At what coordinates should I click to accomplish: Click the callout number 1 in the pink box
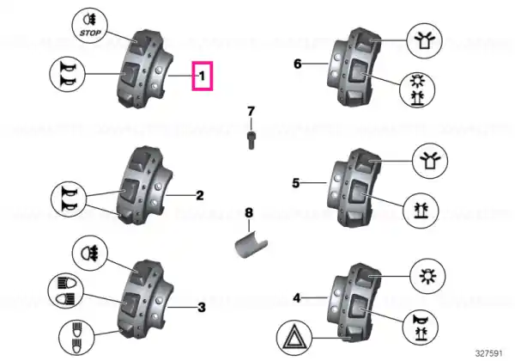click(202, 76)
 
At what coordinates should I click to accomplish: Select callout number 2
click(200, 196)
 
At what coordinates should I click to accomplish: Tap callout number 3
click(202, 308)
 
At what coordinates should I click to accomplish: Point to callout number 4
click(297, 298)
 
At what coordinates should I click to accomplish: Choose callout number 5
click(296, 183)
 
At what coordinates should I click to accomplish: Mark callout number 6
click(297, 64)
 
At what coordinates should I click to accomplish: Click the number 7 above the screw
click(251, 112)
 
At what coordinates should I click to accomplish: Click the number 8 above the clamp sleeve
click(249, 212)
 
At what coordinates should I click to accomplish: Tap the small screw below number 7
click(251, 140)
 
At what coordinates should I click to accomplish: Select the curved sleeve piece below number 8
click(251, 246)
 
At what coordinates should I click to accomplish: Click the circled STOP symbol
click(90, 26)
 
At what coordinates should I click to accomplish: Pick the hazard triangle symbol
click(294, 338)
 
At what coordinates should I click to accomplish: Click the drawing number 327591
click(488, 353)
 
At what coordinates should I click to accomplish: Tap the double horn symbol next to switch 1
click(67, 74)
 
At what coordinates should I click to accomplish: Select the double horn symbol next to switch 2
click(69, 199)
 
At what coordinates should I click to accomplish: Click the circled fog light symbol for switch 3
click(89, 254)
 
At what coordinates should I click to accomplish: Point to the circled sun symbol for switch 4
click(428, 276)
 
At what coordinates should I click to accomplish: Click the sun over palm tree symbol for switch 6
click(417, 89)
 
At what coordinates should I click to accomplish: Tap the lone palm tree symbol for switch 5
click(421, 211)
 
